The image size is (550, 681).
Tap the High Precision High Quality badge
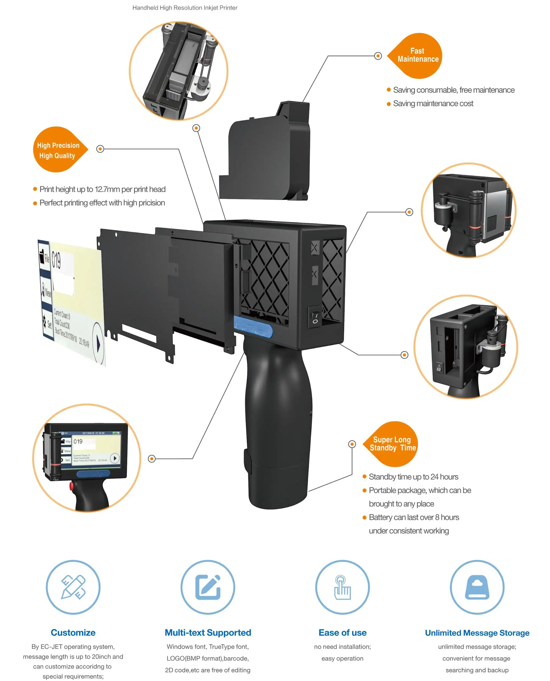coord(58,150)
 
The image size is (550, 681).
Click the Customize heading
coord(73,633)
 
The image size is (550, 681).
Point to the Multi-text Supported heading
coord(208,633)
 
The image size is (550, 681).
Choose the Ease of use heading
coord(342,633)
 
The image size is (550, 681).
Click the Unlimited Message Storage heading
coord(477,633)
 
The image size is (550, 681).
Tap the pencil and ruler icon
coord(73,587)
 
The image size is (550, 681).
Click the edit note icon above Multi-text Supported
coord(208,587)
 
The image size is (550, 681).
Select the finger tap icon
coord(342,587)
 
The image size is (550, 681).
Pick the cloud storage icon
coord(477,587)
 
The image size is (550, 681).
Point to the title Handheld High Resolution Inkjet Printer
coord(185,8)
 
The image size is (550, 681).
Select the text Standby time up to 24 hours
coord(413,477)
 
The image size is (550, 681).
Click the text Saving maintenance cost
coord(433,103)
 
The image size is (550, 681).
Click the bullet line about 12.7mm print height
coord(102,189)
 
